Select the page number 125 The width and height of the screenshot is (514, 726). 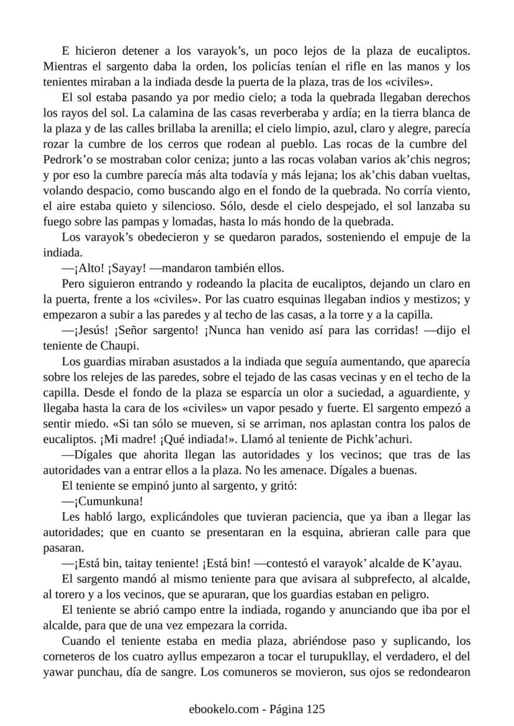point(315,709)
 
